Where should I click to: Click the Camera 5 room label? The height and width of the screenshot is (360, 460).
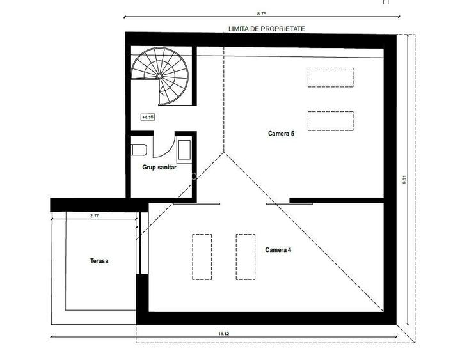click(x=281, y=134)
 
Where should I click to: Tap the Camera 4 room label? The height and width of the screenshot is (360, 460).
click(x=278, y=249)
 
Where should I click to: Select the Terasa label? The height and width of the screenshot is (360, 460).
click(x=99, y=261)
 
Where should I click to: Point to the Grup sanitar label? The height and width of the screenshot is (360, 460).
click(x=159, y=168)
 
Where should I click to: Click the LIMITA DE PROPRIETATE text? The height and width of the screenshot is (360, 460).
click(x=267, y=29)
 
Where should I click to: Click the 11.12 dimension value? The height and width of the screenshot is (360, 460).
click(x=223, y=333)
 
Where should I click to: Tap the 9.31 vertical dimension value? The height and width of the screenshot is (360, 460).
click(x=404, y=181)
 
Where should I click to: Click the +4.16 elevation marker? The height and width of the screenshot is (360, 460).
click(x=148, y=117)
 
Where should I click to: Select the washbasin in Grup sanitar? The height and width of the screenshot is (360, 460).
click(x=184, y=151)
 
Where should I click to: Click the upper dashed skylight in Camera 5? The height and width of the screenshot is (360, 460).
click(x=330, y=77)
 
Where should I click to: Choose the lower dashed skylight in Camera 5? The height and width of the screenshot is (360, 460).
click(x=330, y=120)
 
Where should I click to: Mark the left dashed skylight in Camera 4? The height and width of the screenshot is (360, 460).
click(x=202, y=256)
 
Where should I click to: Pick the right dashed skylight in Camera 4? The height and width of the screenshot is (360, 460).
click(x=245, y=256)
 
